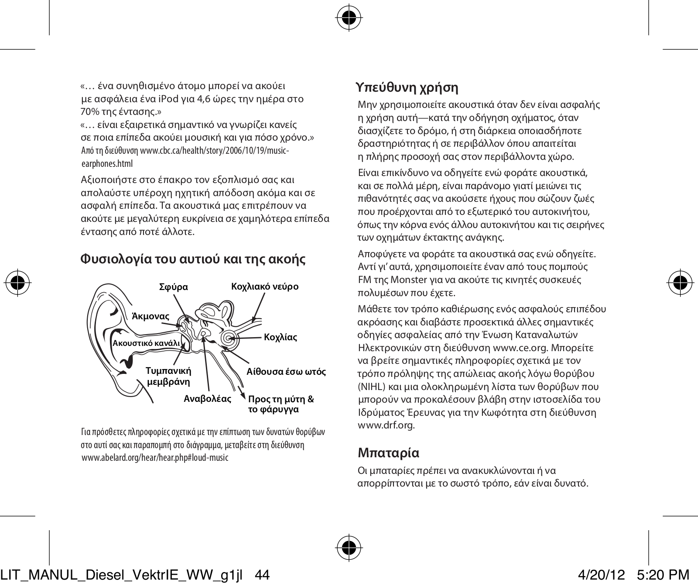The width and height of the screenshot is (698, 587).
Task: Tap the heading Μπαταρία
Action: point(388,452)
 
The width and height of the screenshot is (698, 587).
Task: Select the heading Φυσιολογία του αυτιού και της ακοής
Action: point(193,259)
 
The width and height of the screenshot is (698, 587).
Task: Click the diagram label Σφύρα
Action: point(174,287)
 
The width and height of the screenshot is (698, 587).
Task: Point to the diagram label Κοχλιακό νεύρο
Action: point(265,287)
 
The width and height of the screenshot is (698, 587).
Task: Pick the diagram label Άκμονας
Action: point(151,316)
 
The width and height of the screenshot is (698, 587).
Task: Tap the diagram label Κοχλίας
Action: point(281,338)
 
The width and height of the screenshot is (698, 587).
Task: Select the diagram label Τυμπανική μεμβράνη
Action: point(168,376)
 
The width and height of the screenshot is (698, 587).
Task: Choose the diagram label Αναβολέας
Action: point(207,399)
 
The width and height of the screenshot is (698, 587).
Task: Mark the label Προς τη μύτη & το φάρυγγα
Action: point(281,404)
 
